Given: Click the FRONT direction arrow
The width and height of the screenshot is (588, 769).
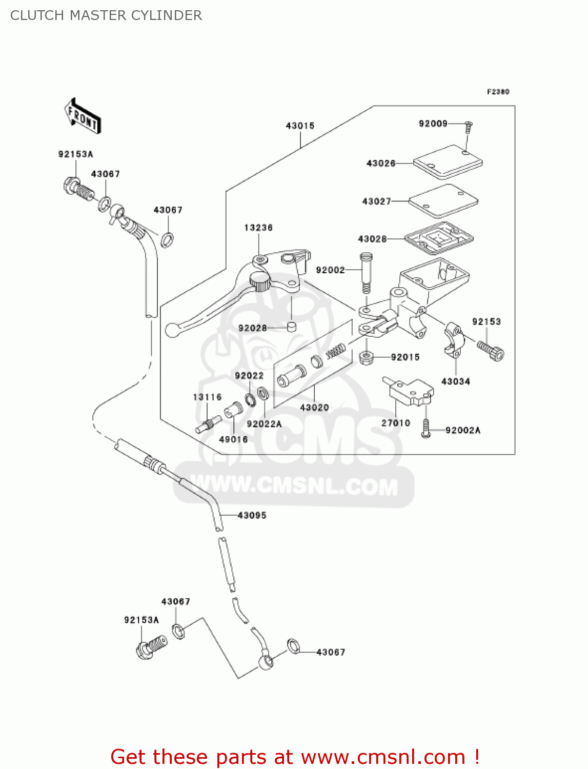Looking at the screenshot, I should (83, 116).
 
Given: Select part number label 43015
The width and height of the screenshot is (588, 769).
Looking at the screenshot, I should (300, 126).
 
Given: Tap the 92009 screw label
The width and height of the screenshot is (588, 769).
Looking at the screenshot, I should (433, 124).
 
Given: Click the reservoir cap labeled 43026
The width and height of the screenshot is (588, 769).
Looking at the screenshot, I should (448, 161).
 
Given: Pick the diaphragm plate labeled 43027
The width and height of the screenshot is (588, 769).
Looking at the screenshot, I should (443, 200).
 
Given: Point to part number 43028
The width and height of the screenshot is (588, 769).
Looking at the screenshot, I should (372, 239).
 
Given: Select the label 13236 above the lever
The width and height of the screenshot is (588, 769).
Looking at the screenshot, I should (258, 228).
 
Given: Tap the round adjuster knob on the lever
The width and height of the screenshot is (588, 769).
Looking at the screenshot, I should (260, 281).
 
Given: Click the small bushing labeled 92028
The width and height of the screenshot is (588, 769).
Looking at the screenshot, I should (291, 327).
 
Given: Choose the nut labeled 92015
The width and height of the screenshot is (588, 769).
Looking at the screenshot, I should (366, 357).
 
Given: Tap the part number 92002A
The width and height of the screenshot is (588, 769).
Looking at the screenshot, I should (463, 430).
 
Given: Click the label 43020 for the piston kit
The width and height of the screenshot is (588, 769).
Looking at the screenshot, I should (314, 408).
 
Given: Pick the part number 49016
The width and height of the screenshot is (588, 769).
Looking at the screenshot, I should (233, 439).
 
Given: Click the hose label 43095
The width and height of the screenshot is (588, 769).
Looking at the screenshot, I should (252, 515).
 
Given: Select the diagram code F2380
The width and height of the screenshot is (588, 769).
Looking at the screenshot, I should (498, 92).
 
